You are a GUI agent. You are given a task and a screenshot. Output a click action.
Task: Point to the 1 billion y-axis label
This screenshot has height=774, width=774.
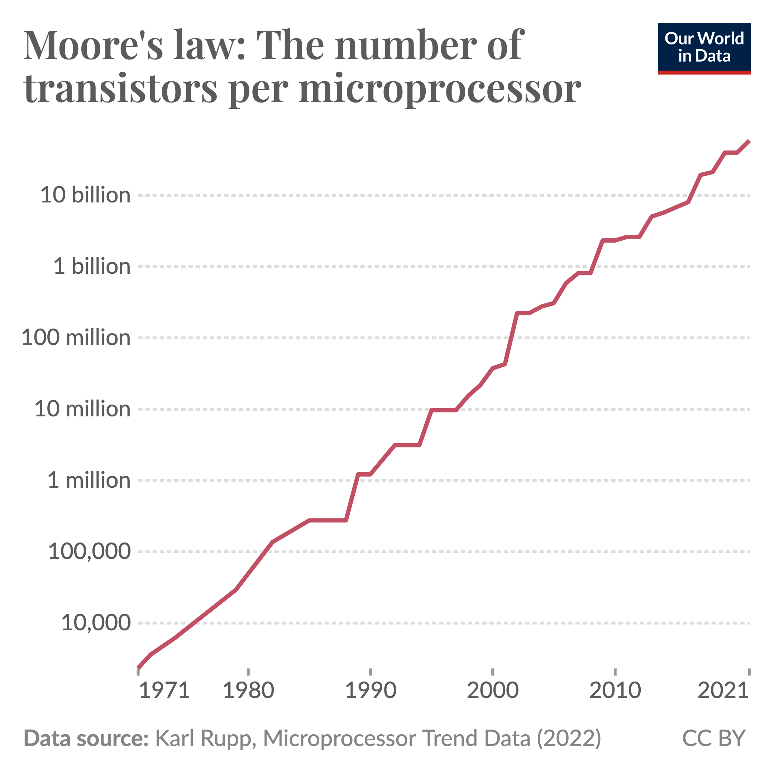coord(92,266)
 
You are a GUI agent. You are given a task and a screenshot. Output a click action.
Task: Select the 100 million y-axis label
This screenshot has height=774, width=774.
coord(76,338)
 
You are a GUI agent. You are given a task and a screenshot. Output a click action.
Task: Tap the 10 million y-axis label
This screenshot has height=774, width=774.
coord(82,409)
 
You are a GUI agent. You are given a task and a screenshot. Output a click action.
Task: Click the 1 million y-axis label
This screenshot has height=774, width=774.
coord(89,480)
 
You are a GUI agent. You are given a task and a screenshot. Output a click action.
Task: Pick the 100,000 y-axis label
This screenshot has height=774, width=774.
coord(89,552)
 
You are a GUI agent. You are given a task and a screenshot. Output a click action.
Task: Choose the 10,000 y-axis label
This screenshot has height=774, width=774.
coord(96,623)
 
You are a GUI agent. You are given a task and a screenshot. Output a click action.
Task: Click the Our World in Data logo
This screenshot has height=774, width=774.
coord(704,48)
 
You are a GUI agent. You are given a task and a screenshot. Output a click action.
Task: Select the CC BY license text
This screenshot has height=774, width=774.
coord(713,738)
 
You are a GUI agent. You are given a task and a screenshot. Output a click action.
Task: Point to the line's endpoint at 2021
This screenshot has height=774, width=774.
coord(749,142)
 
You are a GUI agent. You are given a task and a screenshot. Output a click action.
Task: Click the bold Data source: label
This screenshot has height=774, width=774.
coord(86,738)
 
